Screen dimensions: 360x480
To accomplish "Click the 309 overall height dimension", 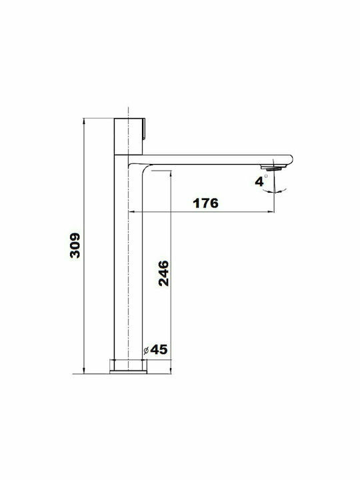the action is pyautogui.click(x=75, y=245).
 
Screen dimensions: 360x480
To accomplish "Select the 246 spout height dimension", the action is pyautogui.click(x=163, y=273).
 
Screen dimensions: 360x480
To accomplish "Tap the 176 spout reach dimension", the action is pyautogui.click(x=206, y=203).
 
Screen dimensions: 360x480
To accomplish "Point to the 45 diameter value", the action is pyautogui.click(x=159, y=349).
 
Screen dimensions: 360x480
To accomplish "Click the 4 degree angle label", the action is pyautogui.click(x=259, y=181).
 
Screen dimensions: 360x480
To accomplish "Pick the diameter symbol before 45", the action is pyautogui.click(x=146, y=351).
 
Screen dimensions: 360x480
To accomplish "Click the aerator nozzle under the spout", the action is pyautogui.click(x=273, y=167).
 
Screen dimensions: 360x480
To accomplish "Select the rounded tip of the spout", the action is pyautogui.click(x=289, y=160).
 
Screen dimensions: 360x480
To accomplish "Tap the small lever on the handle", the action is pyautogui.click(x=144, y=129).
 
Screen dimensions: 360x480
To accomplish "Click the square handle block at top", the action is pyautogui.click(x=128, y=136).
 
